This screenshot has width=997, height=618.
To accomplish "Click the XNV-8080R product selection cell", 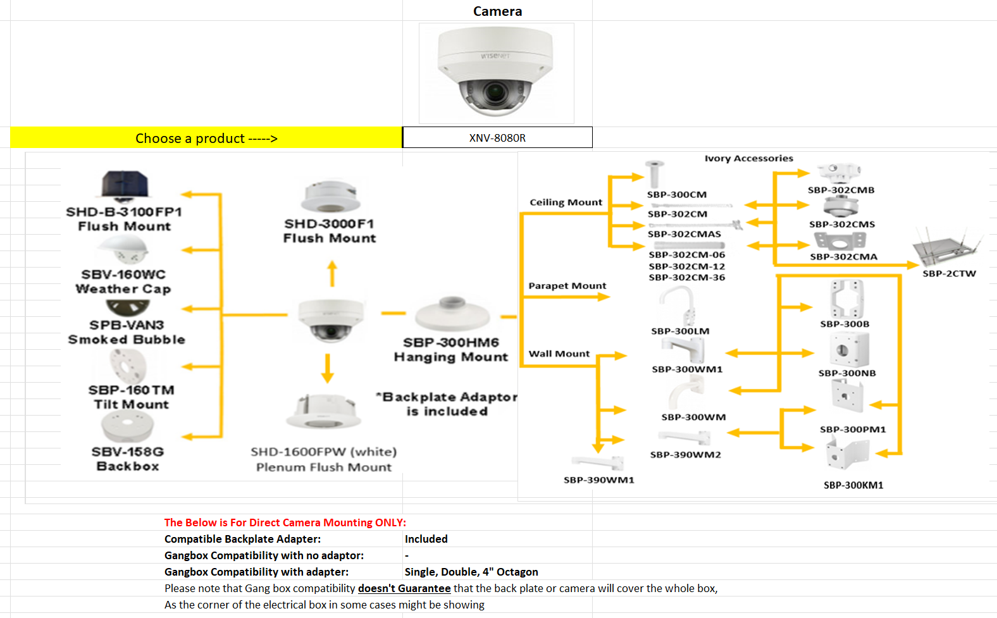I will tap(497, 138).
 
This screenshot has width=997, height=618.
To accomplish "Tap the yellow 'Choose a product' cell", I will tap(206, 138).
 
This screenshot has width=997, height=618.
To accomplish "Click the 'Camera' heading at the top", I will tap(497, 11).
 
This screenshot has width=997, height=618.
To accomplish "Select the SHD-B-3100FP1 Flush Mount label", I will tap(124, 219).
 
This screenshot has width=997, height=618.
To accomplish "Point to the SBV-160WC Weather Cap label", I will tap(123, 281).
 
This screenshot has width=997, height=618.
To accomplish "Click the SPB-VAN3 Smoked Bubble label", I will tap(127, 332).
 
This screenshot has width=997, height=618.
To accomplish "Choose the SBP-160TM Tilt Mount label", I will tap(131, 397).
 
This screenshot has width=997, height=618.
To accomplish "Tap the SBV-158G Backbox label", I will tap(128, 459).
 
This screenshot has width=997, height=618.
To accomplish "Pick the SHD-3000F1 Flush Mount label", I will tap(330, 231).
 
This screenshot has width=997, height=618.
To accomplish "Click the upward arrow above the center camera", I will tap(332, 274).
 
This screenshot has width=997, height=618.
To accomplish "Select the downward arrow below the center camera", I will tap(327, 368).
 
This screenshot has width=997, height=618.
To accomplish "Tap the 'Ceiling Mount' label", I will tap(566, 202).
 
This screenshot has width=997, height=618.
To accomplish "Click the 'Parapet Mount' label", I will tap(567, 286).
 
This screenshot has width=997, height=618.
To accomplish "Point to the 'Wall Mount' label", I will tap(559, 354).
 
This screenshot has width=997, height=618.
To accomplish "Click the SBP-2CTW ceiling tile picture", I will tap(947, 249).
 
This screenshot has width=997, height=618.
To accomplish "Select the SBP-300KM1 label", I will tap(853, 485).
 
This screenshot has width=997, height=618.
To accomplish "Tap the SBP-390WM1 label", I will tap(598, 480).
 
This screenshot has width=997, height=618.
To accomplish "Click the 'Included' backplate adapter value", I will tap(426, 539).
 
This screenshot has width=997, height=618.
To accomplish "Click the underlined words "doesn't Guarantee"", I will tap(404, 588).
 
